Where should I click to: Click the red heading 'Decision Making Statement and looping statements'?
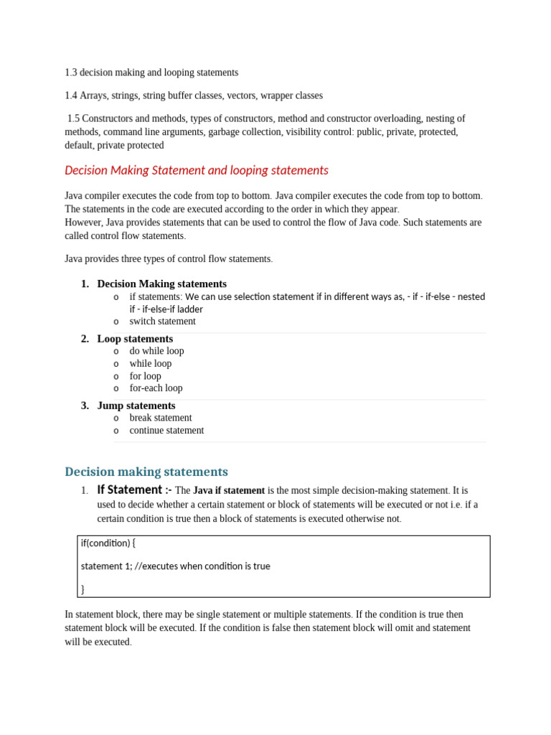pyautogui.click(x=196, y=171)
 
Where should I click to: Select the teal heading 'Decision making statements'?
pyautogui.click(x=146, y=472)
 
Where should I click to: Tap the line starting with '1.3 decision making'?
pyautogui.click(x=151, y=72)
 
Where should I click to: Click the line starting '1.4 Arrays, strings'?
pyautogui.click(x=193, y=95)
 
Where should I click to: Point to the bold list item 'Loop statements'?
pyautogui.click(x=135, y=339)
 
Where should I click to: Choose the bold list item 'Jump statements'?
pyautogui.click(x=136, y=406)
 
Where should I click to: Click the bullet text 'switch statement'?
pyautogui.click(x=162, y=322)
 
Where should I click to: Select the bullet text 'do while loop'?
pyautogui.click(x=156, y=351)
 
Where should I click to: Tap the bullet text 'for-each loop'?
pyautogui.click(x=156, y=388)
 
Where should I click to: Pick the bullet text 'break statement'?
pyautogui.click(x=160, y=418)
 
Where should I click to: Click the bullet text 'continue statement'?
pyautogui.click(x=166, y=431)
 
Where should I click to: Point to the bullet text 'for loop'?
pyautogui.click(x=145, y=376)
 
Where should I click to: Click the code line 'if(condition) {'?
pyautogui.click(x=108, y=543)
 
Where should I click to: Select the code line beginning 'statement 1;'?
pyautogui.click(x=175, y=566)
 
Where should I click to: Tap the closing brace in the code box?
pyautogui.click(x=83, y=589)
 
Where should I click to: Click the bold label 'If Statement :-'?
pyautogui.click(x=133, y=490)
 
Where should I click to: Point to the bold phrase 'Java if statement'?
pyautogui.click(x=229, y=491)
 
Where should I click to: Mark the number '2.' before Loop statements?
pyautogui.click(x=85, y=339)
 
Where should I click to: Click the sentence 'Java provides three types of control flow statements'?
pyautogui.click(x=168, y=259)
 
